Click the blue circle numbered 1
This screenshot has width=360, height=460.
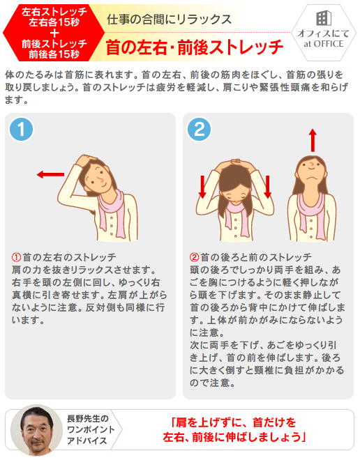[x=21, y=130]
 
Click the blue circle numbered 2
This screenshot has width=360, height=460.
[x=199, y=130]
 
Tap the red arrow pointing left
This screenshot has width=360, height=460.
[x=50, y=174]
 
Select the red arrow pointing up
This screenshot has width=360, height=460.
[x=313, y=140]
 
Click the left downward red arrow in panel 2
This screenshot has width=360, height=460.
[x=202, y=187]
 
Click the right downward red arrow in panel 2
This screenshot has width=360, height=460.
[x=267, y=187]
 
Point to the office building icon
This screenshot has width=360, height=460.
[x=324, y=19]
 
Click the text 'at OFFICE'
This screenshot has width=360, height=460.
[x=323, y=44]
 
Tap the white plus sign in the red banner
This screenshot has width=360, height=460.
[x=54, y=33]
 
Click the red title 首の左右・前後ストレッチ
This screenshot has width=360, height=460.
[x=195, y=47]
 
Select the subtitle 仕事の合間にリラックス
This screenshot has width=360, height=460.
[x=169, y=20]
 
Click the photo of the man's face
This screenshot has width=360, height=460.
[x=37, y=430]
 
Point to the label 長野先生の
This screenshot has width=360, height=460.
[x=88, y=419]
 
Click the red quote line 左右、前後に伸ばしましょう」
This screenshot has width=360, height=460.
[x=234, y=438]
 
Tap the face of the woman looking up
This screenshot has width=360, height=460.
[x=312, y=173]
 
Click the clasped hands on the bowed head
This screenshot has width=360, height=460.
[x=235, y=162]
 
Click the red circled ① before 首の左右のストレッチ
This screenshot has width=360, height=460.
[x=16, y=257]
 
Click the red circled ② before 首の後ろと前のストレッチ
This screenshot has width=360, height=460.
[x=194, y=257]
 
